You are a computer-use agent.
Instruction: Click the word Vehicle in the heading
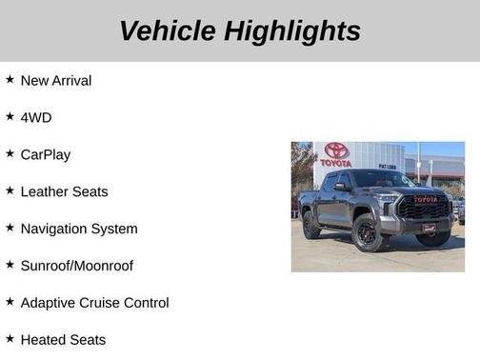168,30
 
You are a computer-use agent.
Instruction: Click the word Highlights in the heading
293,30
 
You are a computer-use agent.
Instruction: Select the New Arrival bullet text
56,81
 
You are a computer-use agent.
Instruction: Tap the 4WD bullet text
36,118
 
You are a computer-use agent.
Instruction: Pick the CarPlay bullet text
46,154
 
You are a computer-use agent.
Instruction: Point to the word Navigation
54,229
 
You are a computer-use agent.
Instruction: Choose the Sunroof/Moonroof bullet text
77,266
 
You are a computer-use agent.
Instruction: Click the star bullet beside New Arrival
10,80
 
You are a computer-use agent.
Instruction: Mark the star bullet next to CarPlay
10,153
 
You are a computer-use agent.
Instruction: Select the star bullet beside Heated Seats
10,339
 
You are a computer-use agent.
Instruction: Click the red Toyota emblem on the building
336,150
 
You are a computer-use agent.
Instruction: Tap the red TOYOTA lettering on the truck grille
426,200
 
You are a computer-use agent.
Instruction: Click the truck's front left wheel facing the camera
368,234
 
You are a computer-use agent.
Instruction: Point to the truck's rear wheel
311,225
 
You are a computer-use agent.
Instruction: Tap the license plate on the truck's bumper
430,228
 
